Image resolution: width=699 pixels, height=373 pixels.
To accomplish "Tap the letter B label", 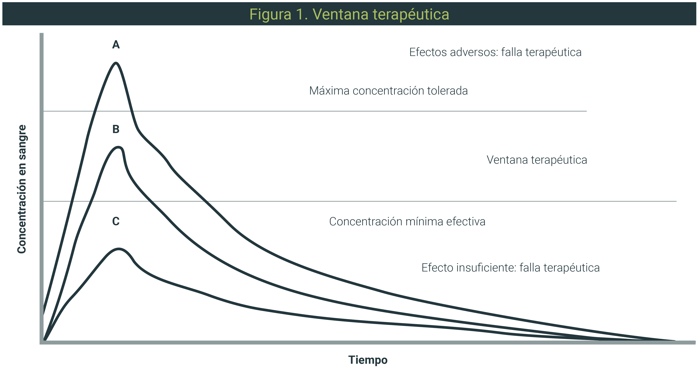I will pyautogui.click(x=116, y=129).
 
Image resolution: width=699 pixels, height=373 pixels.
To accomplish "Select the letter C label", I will pyautogui.click(x=116, y=221).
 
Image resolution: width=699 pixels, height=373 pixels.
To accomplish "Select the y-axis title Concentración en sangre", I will pyautogui.click(x=22, y=189).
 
